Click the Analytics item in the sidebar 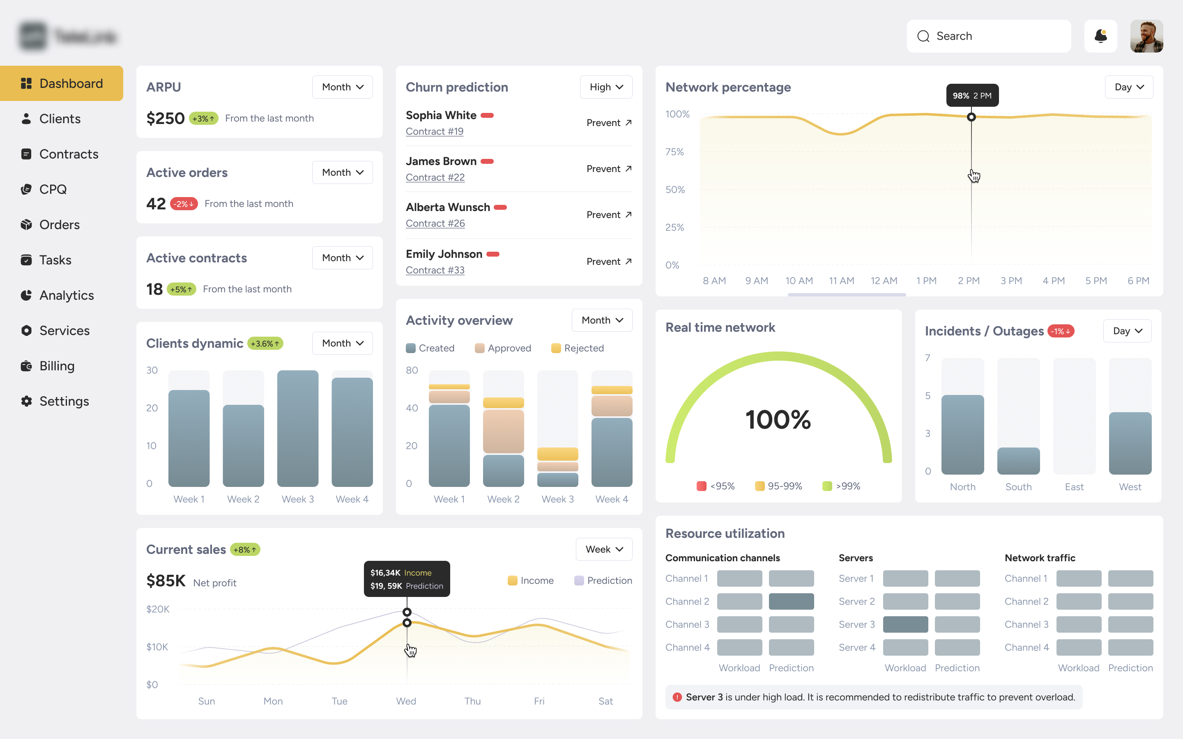(66, 295)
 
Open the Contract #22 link (435, 177)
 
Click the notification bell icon (1100, 36)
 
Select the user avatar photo (1146, 36)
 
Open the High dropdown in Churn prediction (606, 87)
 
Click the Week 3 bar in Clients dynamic (297, 428)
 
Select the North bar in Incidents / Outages (962, 434)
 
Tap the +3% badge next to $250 (203, 119)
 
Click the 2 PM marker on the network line (971, 117)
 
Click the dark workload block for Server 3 (905, 624)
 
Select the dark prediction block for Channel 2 (790, 601)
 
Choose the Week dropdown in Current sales (604, 549)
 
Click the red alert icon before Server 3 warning (677, 698)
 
